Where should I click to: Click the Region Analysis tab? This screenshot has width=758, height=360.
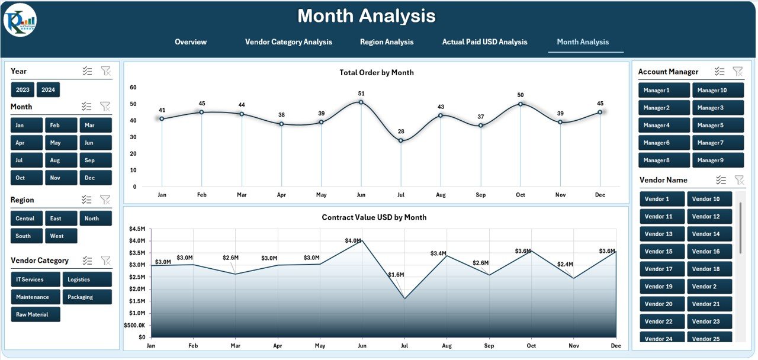tap(387, 42)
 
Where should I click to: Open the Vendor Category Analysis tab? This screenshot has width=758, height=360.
tap(288, 42)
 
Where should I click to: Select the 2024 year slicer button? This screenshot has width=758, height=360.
tap(48, 90)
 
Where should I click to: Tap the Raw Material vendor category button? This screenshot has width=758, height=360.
tap(36, 314)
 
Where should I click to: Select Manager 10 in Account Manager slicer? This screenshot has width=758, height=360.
tap(715, 91)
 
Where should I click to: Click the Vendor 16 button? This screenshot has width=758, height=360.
tap(709, 252)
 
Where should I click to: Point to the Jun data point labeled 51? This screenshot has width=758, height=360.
tap(361, 102)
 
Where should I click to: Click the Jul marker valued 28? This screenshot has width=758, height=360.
tap(401, 140)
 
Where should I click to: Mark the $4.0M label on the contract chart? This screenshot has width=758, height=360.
tap(353, 240)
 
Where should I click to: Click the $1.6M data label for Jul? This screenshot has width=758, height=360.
tap(396, 275)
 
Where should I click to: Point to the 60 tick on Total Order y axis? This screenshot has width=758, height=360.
tap(133, 88)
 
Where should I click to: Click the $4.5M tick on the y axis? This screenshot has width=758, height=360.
tap(137, 229)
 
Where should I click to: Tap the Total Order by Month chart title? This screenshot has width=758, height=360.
tap(376, 73)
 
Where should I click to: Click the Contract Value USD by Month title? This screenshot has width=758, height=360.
tap(374, 217)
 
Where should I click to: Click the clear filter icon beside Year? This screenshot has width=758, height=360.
tap(105, 71)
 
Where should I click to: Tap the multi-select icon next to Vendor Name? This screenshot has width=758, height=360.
tap(721, 180)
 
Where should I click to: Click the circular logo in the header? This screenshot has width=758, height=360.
tap(20, 20)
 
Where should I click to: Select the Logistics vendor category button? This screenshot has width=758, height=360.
tap(86, 279)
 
